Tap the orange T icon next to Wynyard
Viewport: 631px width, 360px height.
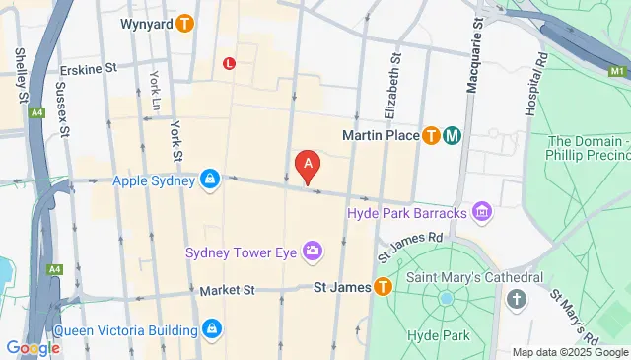click(x=183, y=24)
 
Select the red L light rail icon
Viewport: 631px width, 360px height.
click(x=229, y=64)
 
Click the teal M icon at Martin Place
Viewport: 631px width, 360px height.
click(x=453, y=136)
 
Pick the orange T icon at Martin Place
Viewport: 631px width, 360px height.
click(x=431, y=136)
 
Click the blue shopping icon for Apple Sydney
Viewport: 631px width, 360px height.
click(x=209, y=180)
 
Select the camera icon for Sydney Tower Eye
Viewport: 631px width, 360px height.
click(x=313, y=252)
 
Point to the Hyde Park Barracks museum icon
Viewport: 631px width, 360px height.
click(x=482, y=211)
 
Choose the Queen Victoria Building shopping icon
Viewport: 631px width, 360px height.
click(x=211, y=328)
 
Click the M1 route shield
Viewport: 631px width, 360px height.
click(x=618, y=72)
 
